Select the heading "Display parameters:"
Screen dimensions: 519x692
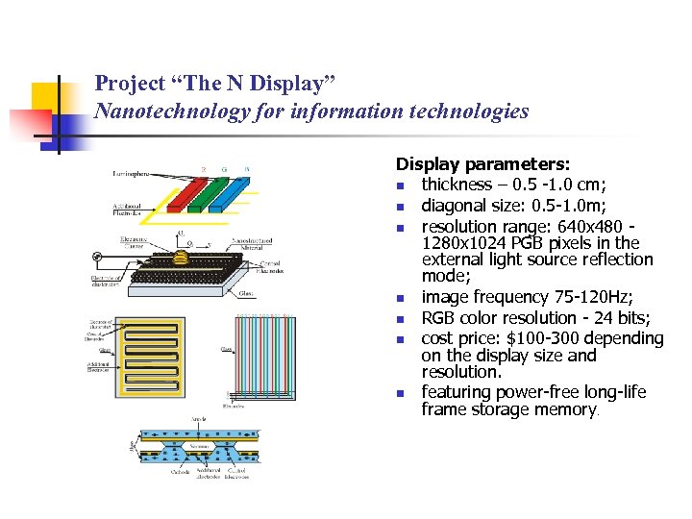482,165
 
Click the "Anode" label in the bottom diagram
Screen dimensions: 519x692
198,419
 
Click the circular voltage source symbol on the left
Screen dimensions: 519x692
96,257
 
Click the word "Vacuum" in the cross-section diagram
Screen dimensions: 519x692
200,447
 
